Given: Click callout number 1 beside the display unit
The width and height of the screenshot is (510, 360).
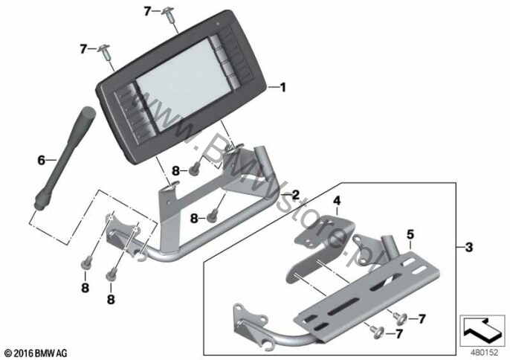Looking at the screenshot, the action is [283, 87].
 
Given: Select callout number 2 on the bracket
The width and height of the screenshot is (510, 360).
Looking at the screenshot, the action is [295, 195].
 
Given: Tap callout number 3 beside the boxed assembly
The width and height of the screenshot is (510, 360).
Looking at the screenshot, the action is [468, 248].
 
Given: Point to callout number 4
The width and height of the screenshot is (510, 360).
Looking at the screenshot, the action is [336, 201].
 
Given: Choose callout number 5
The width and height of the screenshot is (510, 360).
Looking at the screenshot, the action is [410, 234].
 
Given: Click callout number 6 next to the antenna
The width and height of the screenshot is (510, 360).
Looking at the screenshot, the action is [42, 160].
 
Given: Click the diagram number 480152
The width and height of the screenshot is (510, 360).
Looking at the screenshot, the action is [484, 353].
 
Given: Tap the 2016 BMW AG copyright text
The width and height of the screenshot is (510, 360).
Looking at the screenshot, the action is [36, 353].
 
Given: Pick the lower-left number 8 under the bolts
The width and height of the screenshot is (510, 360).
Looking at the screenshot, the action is [85, 288].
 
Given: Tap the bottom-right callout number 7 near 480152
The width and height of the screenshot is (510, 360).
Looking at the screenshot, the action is [422, 319].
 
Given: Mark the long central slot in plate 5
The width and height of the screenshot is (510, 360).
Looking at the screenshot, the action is [343, 306].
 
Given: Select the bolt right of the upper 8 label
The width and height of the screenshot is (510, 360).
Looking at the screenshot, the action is [195, 170].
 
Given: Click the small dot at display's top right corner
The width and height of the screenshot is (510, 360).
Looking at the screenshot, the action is [219, 24].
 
